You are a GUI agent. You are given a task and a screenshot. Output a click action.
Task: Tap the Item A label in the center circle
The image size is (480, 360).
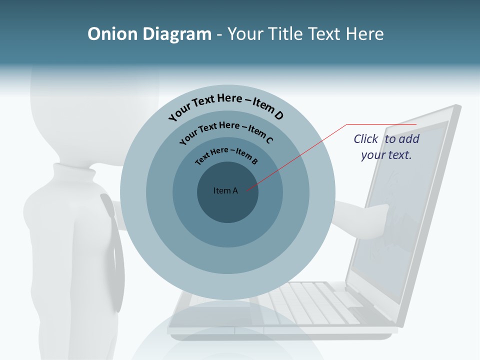pyautogui.click(x=225, y=190)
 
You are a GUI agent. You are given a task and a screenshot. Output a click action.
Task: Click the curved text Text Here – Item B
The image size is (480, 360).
pyautogui.click(x=226, y=155)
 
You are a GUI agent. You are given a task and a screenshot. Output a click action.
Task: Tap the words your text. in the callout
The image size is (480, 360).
pyautogui.click(x=386, y=155)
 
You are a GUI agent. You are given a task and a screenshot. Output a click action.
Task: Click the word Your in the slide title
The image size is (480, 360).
pyautogui.click(x=245, y=34)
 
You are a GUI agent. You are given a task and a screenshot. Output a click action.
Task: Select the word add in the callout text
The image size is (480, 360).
pyautogui.click(x=409, y=139)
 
